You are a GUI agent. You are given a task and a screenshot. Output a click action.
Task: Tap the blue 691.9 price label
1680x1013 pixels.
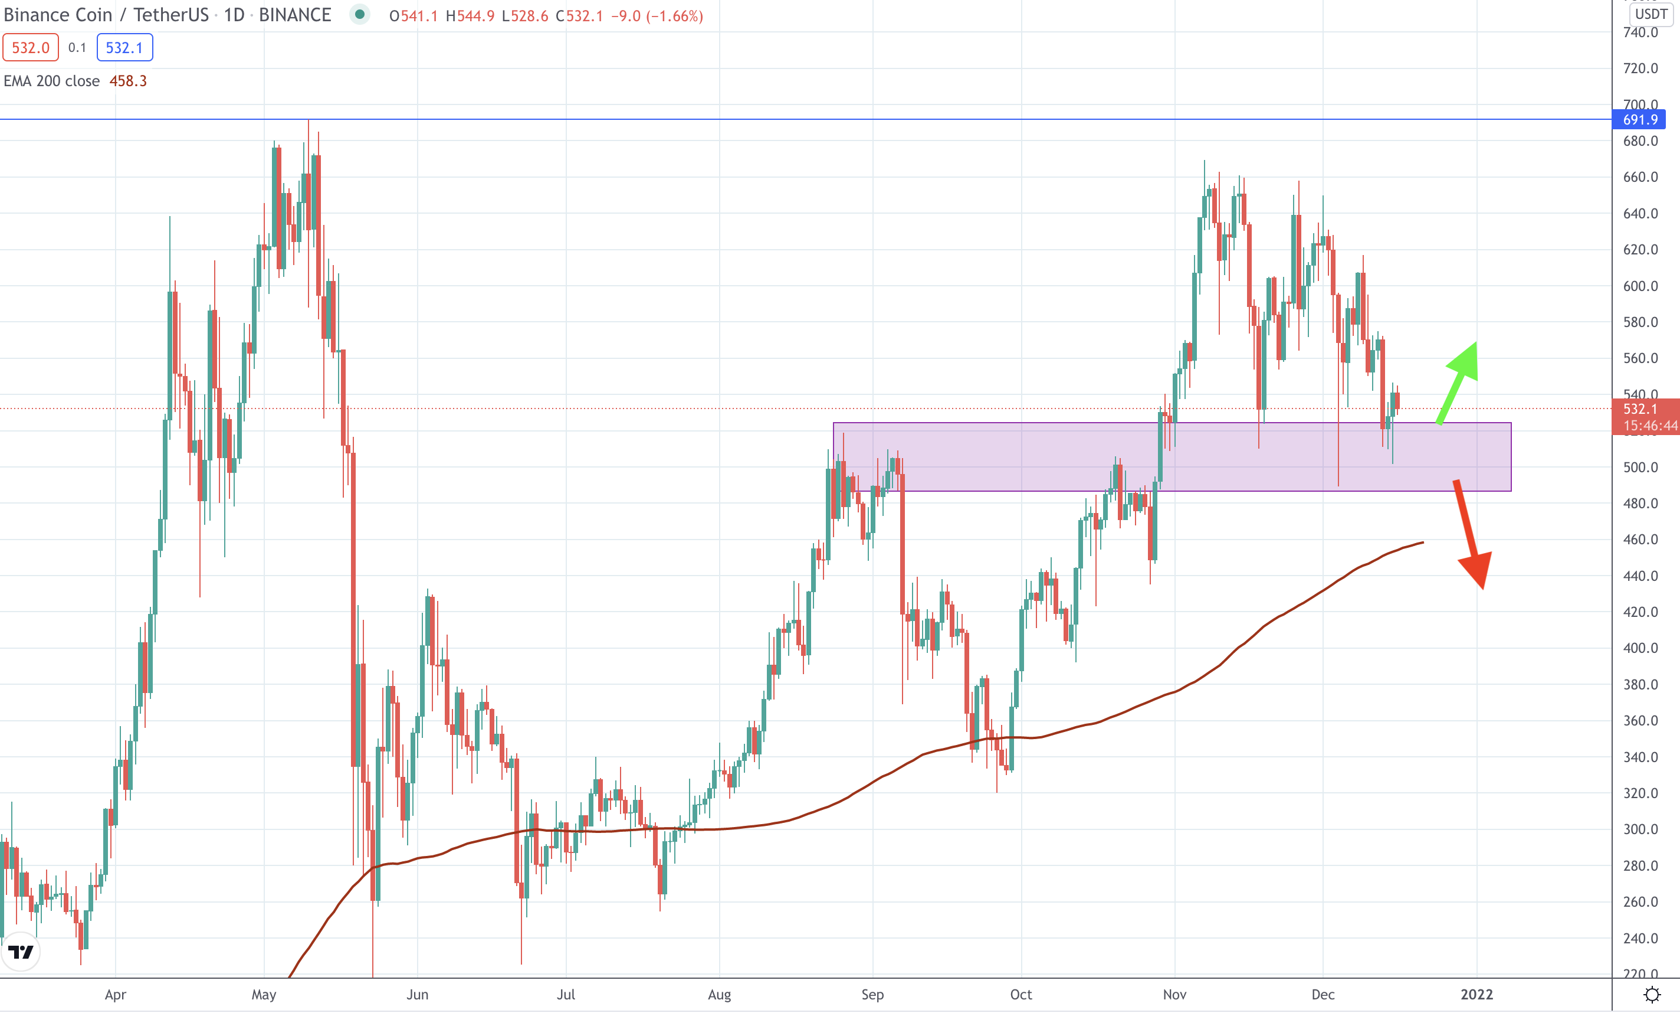point(1639,120)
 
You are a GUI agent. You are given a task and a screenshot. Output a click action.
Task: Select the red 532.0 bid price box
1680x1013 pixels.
point(31,48)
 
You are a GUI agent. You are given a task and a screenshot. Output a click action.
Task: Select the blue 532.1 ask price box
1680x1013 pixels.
point(124,48)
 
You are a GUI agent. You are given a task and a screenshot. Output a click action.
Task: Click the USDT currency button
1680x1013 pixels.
point(1651,14)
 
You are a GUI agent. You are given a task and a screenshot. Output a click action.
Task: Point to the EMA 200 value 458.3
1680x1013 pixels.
point(128,81)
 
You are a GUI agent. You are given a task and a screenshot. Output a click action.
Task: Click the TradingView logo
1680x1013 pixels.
point(21,951)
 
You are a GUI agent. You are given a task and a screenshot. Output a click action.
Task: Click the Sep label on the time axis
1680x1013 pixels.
point(872,995)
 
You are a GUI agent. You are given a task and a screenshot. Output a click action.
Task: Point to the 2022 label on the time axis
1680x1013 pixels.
point(1476,995)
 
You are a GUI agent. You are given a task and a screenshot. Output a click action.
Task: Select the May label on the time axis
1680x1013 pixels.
point(264,995)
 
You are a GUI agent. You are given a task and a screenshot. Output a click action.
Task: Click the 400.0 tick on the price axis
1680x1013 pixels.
point(1640,648)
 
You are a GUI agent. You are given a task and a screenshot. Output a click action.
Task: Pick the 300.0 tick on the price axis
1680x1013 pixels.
point(1640,829)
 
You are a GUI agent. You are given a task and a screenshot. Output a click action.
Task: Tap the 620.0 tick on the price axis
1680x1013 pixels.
point(1640,250)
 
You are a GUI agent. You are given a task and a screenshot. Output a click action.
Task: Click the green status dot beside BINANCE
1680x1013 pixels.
point(359,14)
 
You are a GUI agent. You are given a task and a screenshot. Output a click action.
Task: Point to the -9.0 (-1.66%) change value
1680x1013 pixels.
point(657,16)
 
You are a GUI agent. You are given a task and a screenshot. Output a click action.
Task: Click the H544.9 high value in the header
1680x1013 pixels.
point(470,16)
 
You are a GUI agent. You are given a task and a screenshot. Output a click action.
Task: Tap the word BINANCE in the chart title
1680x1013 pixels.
point(294,15)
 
